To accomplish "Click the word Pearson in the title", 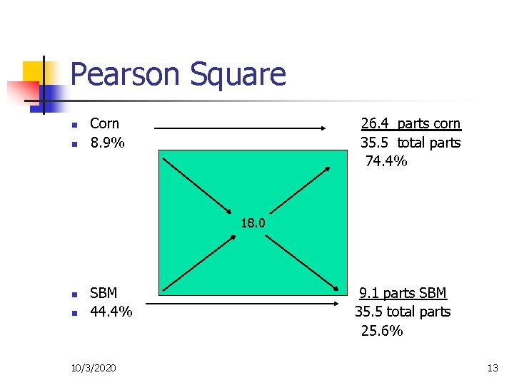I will click(124, 74).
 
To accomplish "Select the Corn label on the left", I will click(104, 123).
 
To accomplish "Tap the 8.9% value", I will click(107, 143).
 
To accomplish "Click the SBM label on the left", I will click(104, 293).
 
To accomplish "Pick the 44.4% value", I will click(111, 312).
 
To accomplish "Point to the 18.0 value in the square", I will click(253, 223).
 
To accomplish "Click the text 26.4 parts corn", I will click(410, 123).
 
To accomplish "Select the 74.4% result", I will click(386, 161).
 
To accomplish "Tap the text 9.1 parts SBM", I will click(403, 293).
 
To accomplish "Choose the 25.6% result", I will click(382, 331).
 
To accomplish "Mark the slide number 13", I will click(492, 368).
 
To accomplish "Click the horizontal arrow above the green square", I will click(240, 128).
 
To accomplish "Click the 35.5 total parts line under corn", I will click(410, 143).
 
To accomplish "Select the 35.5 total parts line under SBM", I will click(403, 312).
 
